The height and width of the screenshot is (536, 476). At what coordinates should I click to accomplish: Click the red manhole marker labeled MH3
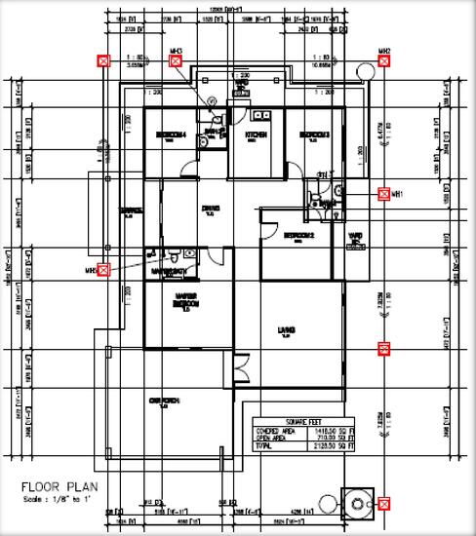coord(177,61)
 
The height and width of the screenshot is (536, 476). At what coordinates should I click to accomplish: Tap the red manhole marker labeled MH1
coord(383,194)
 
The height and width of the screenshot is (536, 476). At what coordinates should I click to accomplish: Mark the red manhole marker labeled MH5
coord(104,270)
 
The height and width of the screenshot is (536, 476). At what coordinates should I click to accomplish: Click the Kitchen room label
coord(256,135)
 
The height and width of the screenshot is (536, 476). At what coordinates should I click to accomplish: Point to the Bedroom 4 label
coord(171,135)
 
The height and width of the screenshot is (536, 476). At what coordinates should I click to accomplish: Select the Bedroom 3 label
coord(314,134)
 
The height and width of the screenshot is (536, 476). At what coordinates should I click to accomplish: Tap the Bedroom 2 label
coord(298,236)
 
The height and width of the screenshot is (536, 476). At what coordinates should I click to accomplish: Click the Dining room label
coord(210,208)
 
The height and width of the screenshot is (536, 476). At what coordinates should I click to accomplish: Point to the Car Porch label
coord(161,401)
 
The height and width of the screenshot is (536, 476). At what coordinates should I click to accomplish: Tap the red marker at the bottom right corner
coord(384,504)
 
